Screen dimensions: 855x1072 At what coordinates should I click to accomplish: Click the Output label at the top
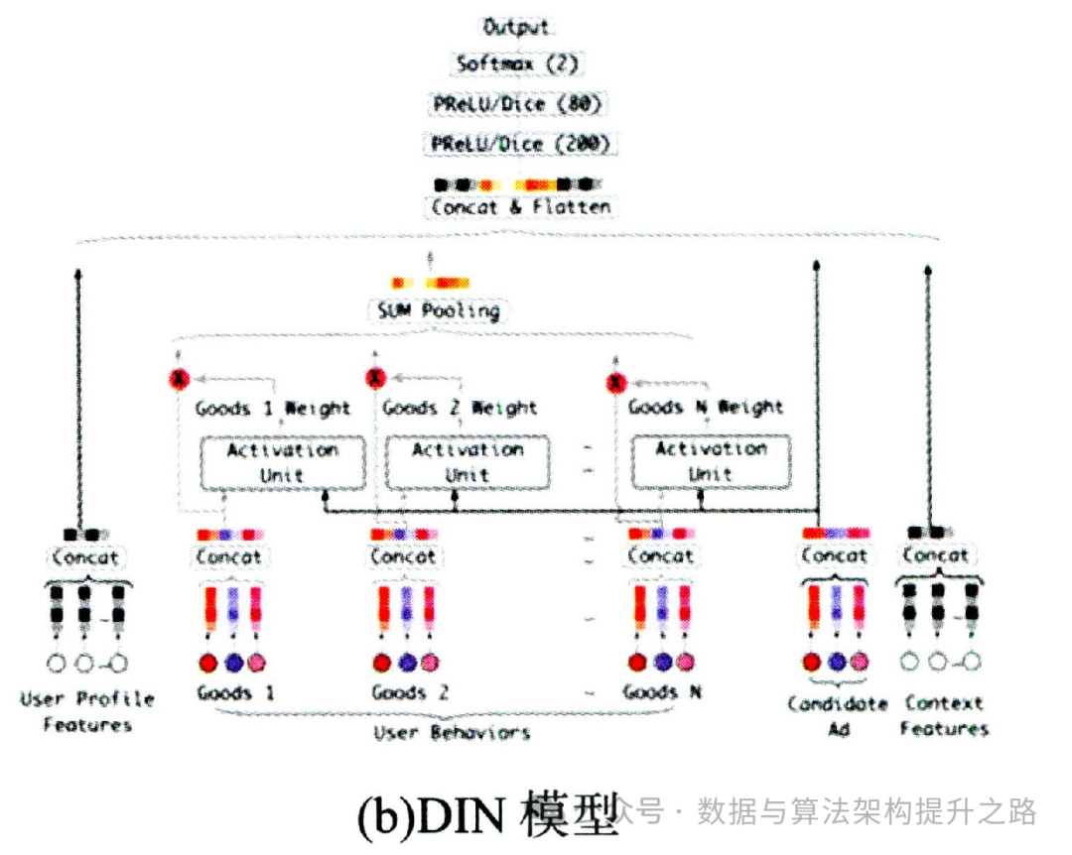pos(516,27)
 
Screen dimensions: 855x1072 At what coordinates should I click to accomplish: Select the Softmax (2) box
pos(516,64)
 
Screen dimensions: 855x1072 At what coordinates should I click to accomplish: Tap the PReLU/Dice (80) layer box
pos(516,104)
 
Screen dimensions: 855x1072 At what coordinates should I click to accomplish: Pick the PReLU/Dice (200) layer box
pos(518,144)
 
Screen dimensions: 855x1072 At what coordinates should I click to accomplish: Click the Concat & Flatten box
pos(520,207)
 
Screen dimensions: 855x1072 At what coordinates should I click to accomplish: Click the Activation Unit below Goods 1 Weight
pos(282,462)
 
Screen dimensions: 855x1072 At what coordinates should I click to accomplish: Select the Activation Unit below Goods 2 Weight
pos(467,462)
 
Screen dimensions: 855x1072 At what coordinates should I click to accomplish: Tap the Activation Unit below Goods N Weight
pos(711,461)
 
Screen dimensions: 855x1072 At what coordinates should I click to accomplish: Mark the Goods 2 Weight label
pos(460,408)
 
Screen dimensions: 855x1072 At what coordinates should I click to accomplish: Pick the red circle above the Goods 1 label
pos(207,662)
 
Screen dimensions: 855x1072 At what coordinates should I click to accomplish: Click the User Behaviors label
pos(452,733)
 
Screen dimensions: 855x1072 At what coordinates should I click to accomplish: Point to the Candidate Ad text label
pos(837,716)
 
